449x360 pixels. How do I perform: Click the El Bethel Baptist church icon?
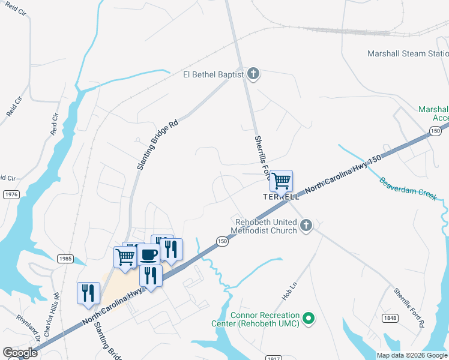click(253, 74)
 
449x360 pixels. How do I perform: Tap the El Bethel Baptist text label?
click(214, 74)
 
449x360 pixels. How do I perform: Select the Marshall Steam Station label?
click(408, 53)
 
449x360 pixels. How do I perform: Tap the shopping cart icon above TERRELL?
click(281, 180)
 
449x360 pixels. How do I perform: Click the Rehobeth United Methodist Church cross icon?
click(306, 226)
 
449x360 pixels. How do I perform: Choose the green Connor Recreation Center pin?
click(309, 318)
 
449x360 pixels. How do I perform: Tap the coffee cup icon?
click(149, 254)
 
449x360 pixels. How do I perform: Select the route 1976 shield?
click(11, 194)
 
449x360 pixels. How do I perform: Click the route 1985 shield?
click(65, 259)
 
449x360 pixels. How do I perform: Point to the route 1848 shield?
click(389, 318)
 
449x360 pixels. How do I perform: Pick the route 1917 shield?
click(273, 358)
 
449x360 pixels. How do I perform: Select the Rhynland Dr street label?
click(28, 329)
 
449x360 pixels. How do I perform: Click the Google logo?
click(20, 353)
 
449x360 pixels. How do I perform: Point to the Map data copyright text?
click(412, 355)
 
